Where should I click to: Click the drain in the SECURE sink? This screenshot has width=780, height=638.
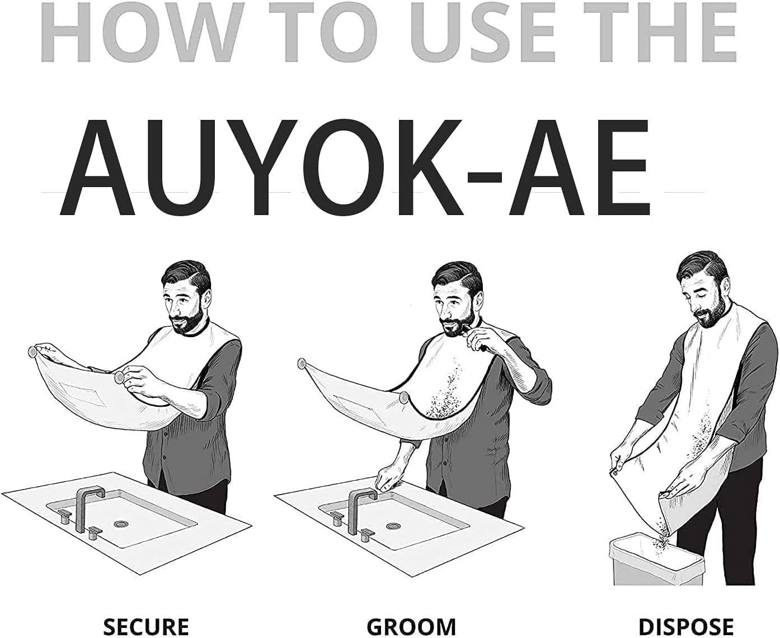121,524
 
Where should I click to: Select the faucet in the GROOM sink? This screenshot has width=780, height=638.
360,508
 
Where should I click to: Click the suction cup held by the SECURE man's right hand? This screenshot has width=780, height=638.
119,378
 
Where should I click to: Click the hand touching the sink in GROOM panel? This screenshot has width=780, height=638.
387,478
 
